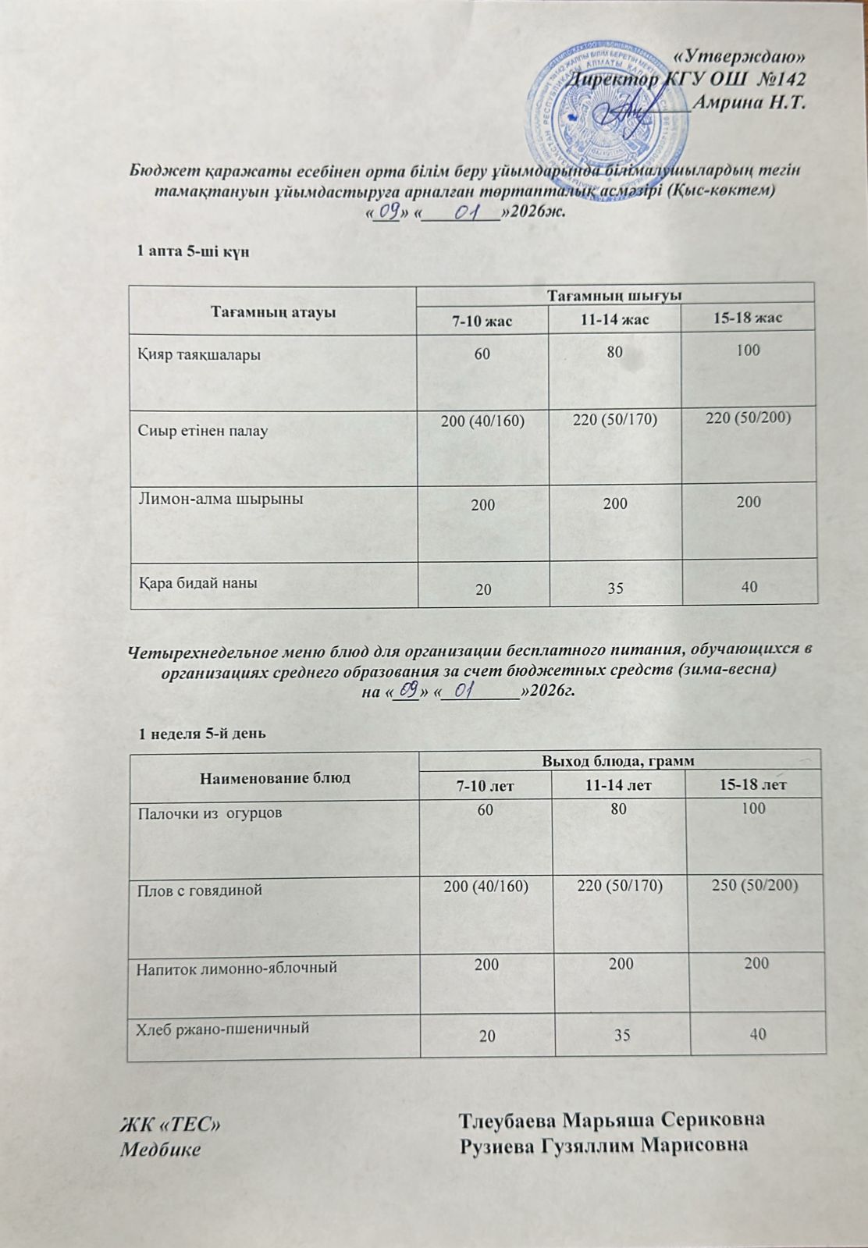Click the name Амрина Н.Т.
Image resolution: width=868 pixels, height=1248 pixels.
[x=749, y=101]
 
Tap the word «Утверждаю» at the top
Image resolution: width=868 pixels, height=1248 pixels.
[x=739, y=55]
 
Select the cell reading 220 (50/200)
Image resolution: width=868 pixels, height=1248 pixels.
[x=748, y=418]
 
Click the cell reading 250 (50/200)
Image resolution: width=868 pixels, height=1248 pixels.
[x=753, y=886]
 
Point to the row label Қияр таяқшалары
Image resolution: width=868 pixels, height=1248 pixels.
[x=199, y=355]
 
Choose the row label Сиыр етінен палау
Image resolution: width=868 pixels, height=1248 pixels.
[x=203, y=431]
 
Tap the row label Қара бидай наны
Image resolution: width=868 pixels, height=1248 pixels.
[x=198, y=583]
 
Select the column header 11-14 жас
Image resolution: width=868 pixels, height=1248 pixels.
[x=615, y=319]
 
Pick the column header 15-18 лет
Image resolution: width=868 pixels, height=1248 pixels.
[x=753, y=784]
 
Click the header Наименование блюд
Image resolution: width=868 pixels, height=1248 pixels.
[x=275, y=777]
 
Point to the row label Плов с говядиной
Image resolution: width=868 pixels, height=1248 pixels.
[x=199, y=890]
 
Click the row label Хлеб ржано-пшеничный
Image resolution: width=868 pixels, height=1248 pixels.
[x=222, y=1028]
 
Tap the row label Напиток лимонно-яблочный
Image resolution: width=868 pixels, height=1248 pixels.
[x=237, y=968]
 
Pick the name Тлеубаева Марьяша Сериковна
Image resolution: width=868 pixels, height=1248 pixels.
[x=611, y=1119]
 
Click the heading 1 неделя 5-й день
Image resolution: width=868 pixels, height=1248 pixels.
[x=202, y=734]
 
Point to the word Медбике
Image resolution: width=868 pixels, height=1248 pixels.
[x=159, y=1150]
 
